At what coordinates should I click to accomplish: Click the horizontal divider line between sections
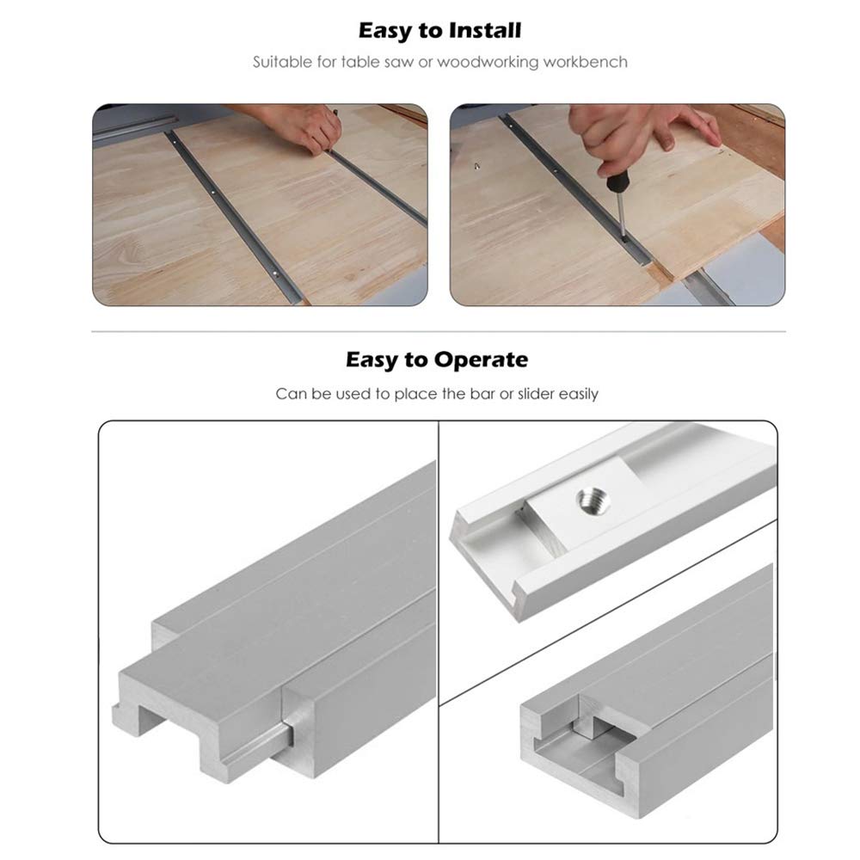click(x=439, y=332)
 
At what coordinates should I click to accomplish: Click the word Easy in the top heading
click(x=384, y=31)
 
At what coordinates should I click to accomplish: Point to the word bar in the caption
click(x=470, y=394)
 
